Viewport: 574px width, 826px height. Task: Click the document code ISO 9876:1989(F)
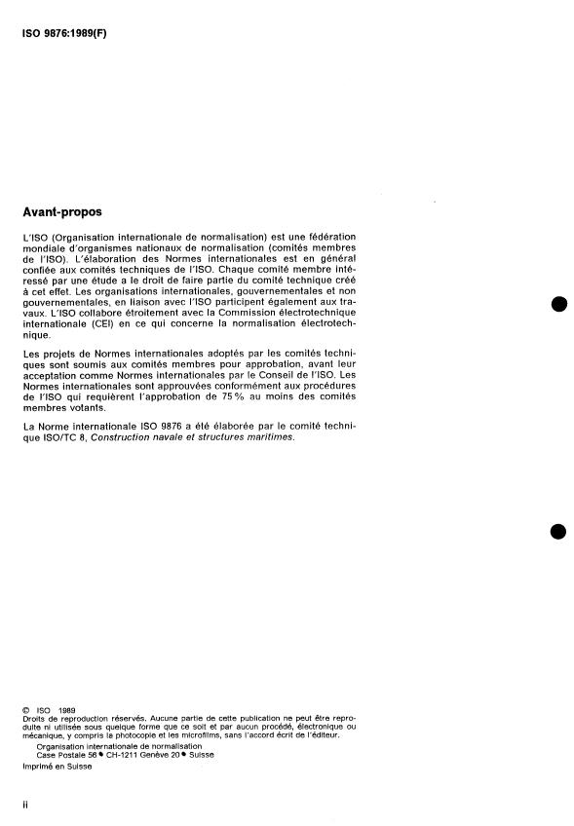coord(66,32)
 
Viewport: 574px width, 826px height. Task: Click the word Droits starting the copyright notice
coord(33,719)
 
